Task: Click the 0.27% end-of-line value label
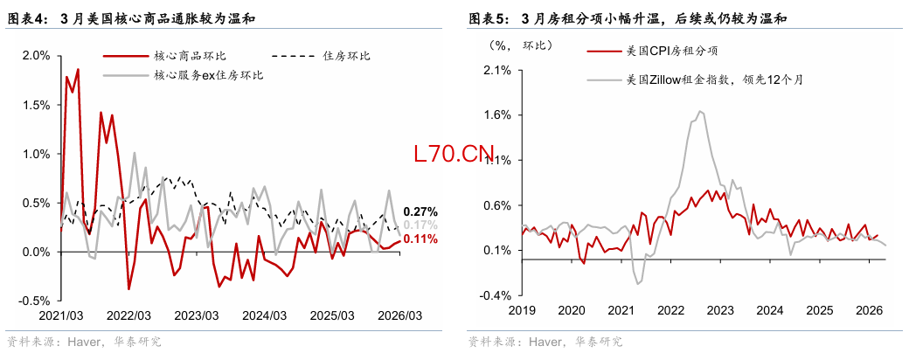coord(420,211)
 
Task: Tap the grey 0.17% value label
coord(420,225)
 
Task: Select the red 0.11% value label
coord(420,238)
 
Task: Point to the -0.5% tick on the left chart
coord(33,301)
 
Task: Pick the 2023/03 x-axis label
coord(196,315)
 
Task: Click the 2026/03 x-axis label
coord(399,315)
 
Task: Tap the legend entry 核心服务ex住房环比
coord(209,75)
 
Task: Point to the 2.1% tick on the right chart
coord(496,71)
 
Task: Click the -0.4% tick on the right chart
coord(495,295)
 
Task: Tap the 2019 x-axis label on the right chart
coord(521,310)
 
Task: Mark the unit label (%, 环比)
coord(510,44)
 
